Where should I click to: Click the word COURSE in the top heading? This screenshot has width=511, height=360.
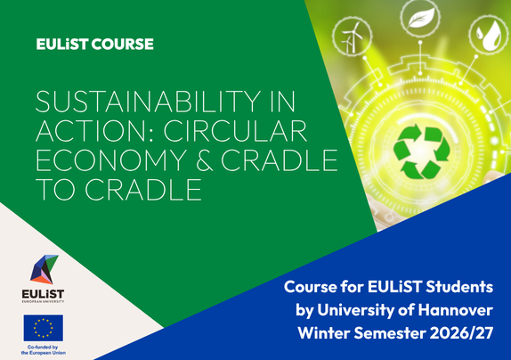[122, 45]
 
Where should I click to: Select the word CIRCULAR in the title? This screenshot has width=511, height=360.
[235, 131]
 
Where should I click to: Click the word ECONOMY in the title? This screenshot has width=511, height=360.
[111, 160]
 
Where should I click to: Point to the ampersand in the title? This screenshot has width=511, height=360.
[205, 160]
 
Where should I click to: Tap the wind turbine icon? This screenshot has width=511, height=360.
[352, 36]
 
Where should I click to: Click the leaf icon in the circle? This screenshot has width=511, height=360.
[420, 18]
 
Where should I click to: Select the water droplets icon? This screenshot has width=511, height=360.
[489, 35]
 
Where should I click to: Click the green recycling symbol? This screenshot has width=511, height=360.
[421, 152]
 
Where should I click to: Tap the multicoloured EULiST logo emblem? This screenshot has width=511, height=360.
[45, 269]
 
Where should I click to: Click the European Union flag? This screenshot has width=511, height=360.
[44, 328]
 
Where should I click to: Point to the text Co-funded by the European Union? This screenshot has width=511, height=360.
[44, 350]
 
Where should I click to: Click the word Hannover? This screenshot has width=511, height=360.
[456, 310]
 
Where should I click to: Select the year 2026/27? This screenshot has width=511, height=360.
[461, 333]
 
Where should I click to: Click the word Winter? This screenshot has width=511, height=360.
[324, 333]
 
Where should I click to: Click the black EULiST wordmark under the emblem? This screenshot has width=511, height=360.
[43, 294]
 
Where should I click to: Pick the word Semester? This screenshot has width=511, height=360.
[390, 333]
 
